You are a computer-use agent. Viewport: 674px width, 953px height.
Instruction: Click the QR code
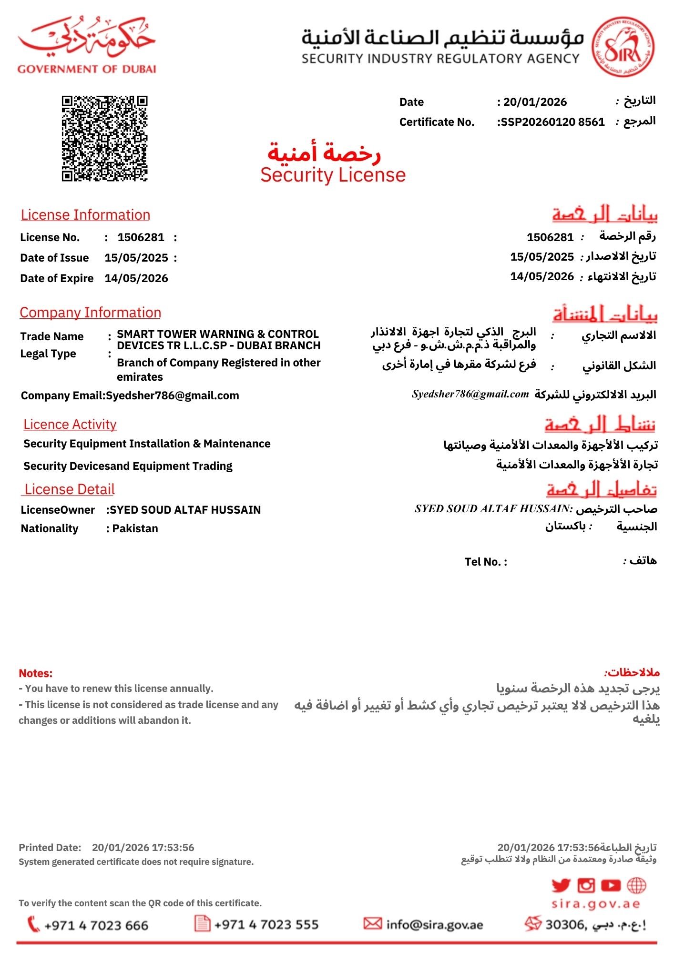pyautogui.click(x=104, y=138)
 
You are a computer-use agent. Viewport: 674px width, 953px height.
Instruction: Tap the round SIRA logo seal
pyautogui.click(x=623, y=47)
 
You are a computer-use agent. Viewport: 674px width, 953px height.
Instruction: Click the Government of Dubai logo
pyautogui.click(x=87, y=44)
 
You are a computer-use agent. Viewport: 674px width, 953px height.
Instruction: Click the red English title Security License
pyautogui.click(x=333, y=175)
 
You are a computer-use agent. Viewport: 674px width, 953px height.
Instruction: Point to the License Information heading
pyautogui.click(x=85, y=215)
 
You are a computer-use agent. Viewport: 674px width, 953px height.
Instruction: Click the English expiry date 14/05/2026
pyautogui.click(x=136, y=278)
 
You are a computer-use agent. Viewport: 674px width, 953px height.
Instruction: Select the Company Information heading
pyautogui.click(x=90, y=313)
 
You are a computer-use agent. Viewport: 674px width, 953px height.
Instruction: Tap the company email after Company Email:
pyautogui.click(x=172, y=395)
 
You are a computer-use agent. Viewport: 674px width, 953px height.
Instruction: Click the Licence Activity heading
pyautogui.click(x=70, y=424)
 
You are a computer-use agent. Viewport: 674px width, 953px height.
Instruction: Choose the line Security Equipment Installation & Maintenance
pyautogui.click(x=147, y=444)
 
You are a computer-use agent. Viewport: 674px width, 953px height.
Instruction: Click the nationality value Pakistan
pyautogui.click(x=135, y=528)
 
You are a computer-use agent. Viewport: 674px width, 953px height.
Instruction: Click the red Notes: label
pyautogui.click(x=36, y=673)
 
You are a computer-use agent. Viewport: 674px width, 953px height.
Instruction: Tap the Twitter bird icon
pyautogui.click(x=561, y=885)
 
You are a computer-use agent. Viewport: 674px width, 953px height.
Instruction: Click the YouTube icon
pyautogui.click(x=611, y=885)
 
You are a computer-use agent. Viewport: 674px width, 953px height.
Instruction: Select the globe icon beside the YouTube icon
pyautogui.click(x=636, y=885)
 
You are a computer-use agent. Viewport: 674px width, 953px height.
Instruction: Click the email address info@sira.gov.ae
pyautogui.click(x=434, y=925)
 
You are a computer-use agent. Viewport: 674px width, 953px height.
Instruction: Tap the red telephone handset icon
pyautogui.click(x=33, y=924)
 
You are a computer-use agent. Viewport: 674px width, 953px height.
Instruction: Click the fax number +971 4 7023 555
pyautogui.click(x=266, y=925)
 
